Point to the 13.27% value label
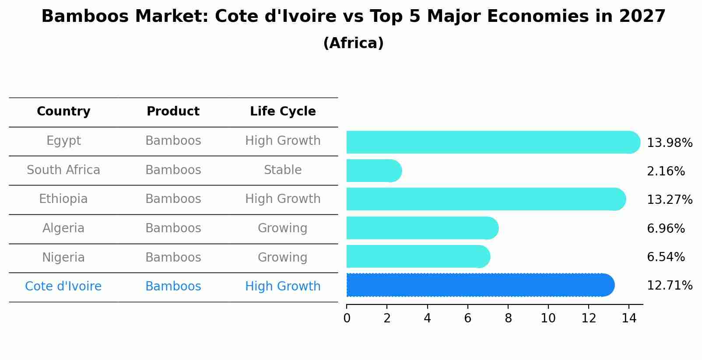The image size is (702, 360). click(x=669, y=200)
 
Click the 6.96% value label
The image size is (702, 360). click(x=665, y=228)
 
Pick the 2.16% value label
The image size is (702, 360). click(x=665, y=171)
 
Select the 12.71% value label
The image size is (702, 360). click(x=669, y=286)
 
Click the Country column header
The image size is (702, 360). click(x=63, y=112)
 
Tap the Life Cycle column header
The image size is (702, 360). click(x=283, y=112)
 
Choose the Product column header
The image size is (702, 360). click(x=173, y=112)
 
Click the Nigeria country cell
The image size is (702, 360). click(x=63, y=257)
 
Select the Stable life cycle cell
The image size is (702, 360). click(x=283, y=170)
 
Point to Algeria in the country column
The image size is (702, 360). click(x=63, y=228)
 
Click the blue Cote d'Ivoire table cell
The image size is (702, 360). click(x=63, y=287)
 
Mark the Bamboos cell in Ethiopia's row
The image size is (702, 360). click(x=173, y=199)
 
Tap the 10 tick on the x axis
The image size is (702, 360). click(x=548, y=318)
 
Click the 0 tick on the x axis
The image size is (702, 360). click(x=347, y=318)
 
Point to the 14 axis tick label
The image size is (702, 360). click(x=629, y=318)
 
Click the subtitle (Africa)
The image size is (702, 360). click(x=353, y=43)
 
